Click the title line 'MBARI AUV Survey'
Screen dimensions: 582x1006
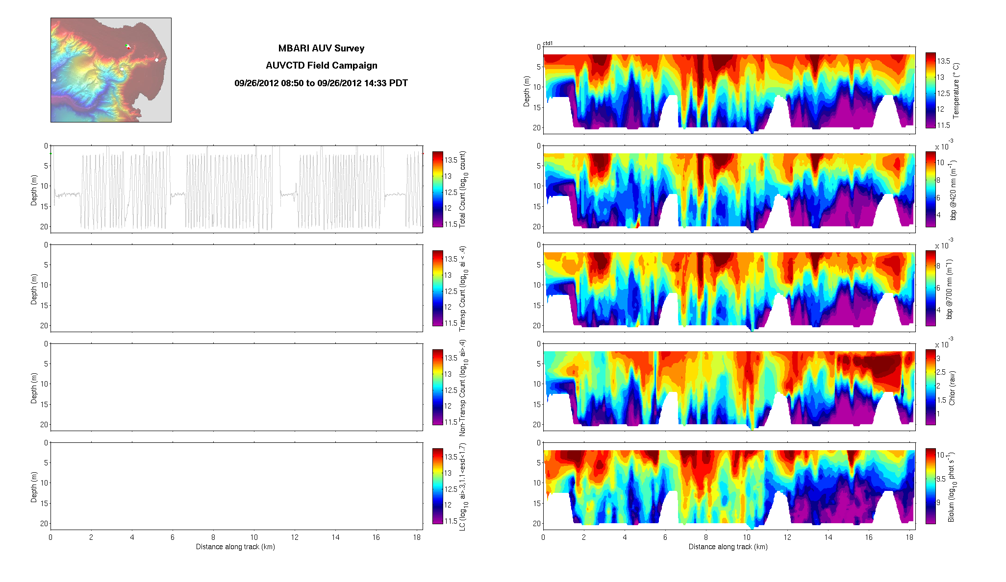(321, 48)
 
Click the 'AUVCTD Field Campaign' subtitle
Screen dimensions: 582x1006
(321, 65)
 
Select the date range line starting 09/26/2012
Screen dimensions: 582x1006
(321, 83)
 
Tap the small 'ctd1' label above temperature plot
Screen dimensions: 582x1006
(548, 44)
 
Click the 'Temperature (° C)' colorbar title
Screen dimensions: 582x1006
(956, 90)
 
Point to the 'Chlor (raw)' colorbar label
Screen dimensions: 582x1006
(952, 388)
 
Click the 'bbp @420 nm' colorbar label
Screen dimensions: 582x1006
(953, 190)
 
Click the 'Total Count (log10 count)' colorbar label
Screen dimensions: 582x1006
(462, 189)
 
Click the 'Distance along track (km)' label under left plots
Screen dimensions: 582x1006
(235, 547)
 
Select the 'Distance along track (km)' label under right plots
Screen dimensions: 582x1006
(728, 547)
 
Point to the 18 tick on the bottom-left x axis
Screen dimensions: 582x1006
(417, 537)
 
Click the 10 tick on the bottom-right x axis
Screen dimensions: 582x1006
(746, 537)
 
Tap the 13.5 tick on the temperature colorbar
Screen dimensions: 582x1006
(944, 61)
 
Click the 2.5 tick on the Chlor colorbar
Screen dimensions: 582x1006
(941, 372)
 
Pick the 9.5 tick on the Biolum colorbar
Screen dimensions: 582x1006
(941, 479)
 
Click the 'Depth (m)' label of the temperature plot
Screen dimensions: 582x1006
(527, 91)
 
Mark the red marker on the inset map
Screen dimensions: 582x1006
(128, 48)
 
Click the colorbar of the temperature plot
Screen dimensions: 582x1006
(931, 90)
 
